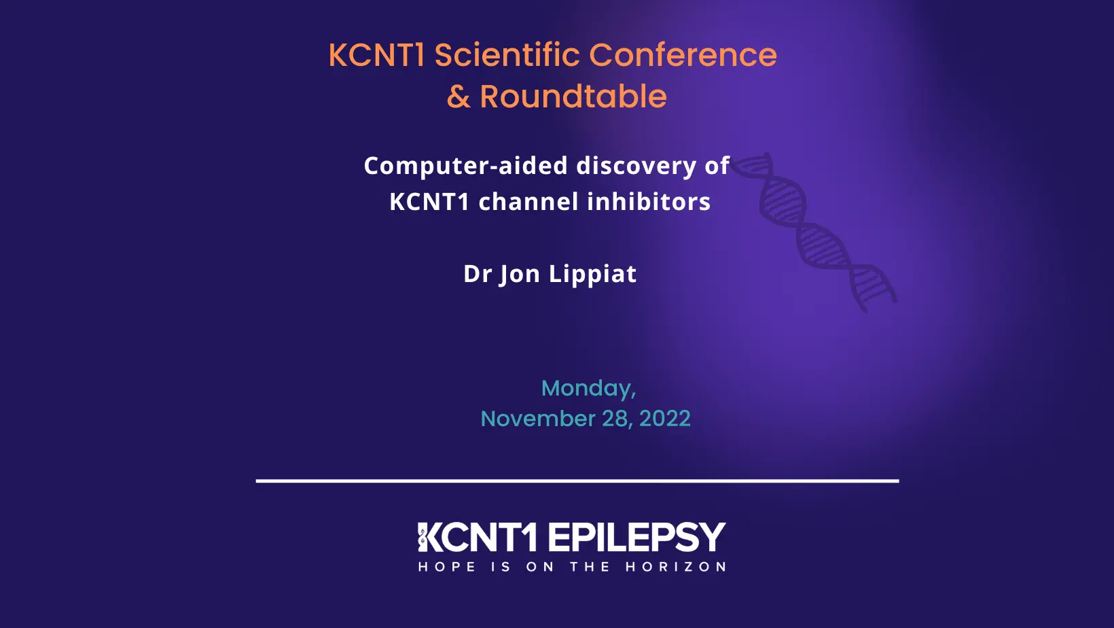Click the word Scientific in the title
(x=507, y=55)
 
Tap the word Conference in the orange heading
(x=683, y=55)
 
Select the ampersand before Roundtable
(x=459, y=97)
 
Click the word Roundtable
(x=573, y=97)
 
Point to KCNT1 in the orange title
(x=376, y=55)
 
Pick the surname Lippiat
(x=592, y=274)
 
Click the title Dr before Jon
(x=478, y=274)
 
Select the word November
(x=537, y=419)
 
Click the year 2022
(x=664, y=419)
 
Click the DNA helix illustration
(x=815, y=231)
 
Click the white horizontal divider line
(x=577, y=481)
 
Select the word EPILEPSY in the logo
(x=636, y=538)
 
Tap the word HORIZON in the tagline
(x=675, y=567)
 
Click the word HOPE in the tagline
(x=446, y=567)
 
